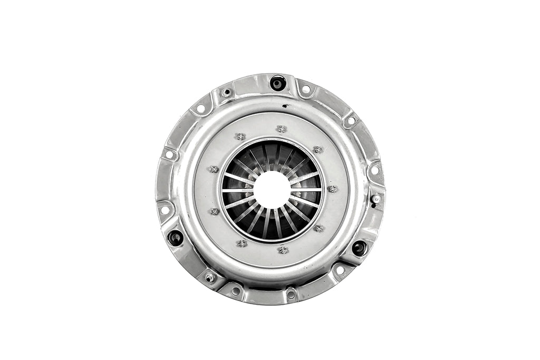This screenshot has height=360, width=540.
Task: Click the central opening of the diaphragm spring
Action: tap(272, 189)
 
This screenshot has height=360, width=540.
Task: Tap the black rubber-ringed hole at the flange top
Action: tap(277, 83)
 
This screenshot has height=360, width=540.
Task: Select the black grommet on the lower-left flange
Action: tap(175, 238)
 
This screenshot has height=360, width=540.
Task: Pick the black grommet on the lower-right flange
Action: tap(359, 248)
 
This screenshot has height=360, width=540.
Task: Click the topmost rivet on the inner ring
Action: tap(282, 129)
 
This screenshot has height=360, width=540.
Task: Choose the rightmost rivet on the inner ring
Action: tap(332, 189)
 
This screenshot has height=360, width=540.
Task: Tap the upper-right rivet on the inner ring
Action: tap(317, 150)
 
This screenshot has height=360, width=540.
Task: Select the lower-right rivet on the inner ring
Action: tap(319, 228)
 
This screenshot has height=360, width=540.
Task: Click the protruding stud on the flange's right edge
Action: tap(376, 199)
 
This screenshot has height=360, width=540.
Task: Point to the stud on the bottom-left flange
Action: tap(210, 278)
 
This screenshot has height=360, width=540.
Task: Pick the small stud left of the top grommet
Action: tap(227, 93)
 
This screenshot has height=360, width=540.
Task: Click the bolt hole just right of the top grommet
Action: tap(305, 89)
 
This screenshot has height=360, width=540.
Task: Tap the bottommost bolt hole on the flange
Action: tap(291, 295)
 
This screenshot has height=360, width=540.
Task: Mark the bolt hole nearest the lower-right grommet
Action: tap(340, 270)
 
